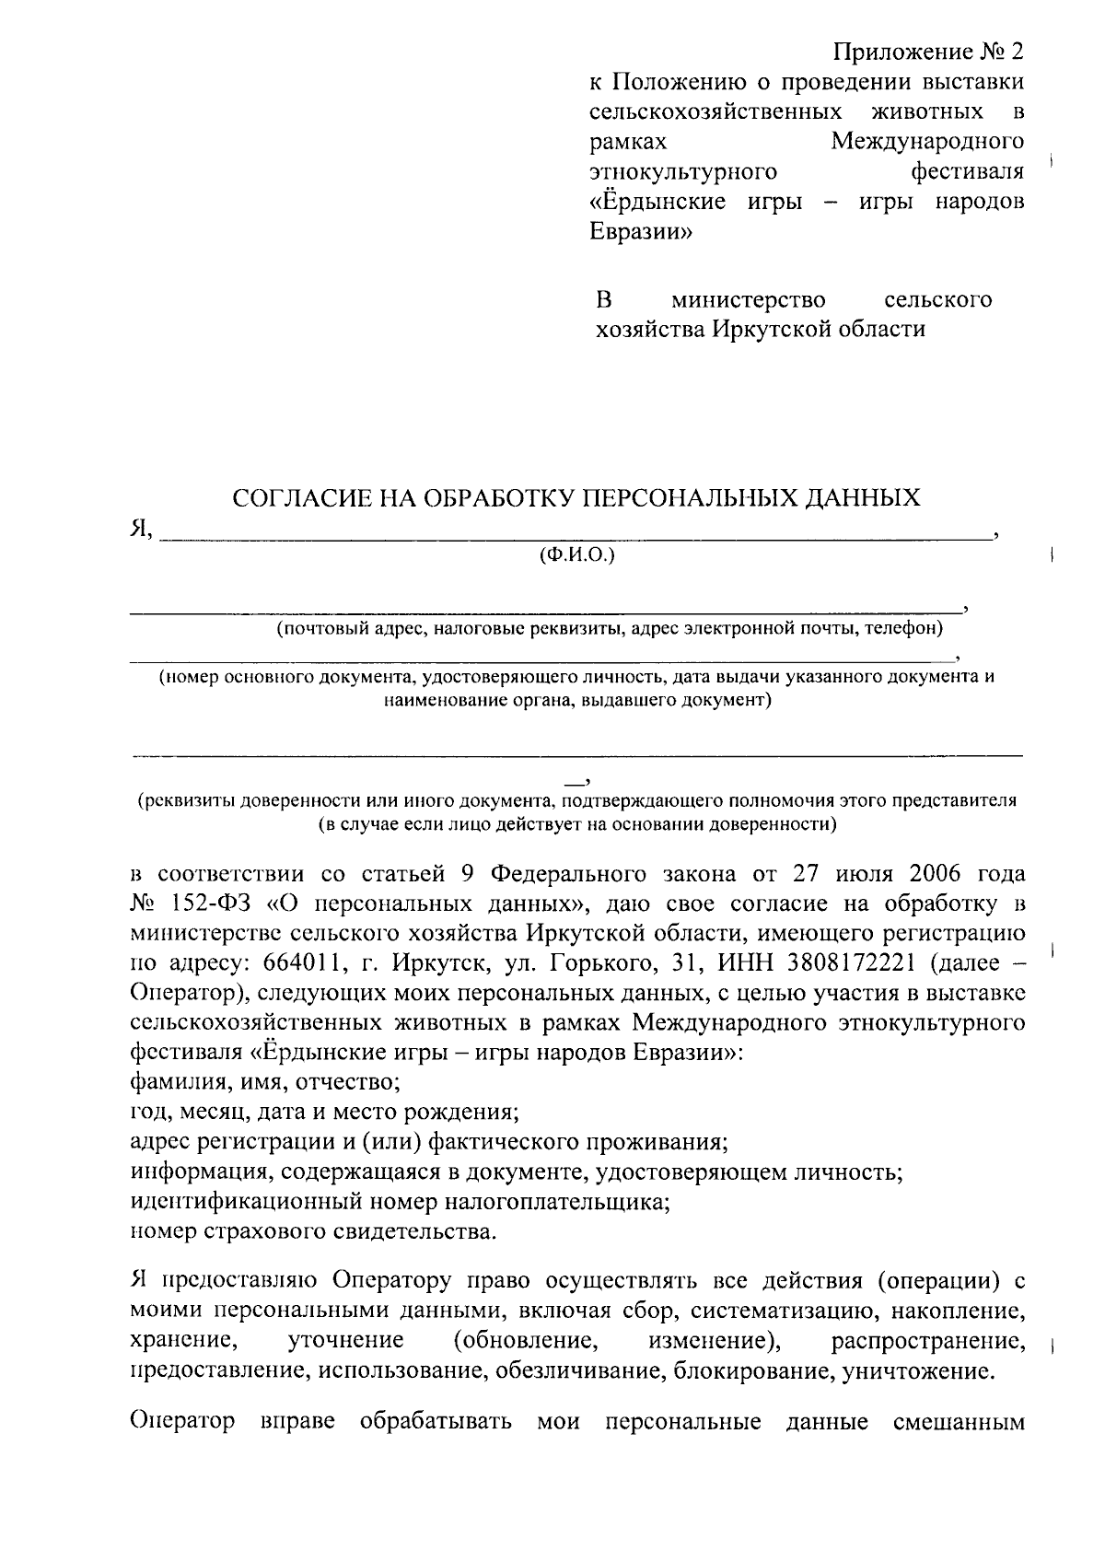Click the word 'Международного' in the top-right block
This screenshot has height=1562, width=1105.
click(x=927, y=142)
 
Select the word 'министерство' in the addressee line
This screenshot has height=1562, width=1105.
click(x=748, y=300)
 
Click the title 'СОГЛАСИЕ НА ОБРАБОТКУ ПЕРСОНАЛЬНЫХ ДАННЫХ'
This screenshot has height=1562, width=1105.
click(x=576, y=498)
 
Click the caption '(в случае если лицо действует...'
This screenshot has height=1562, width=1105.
click(x=577, y=824)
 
